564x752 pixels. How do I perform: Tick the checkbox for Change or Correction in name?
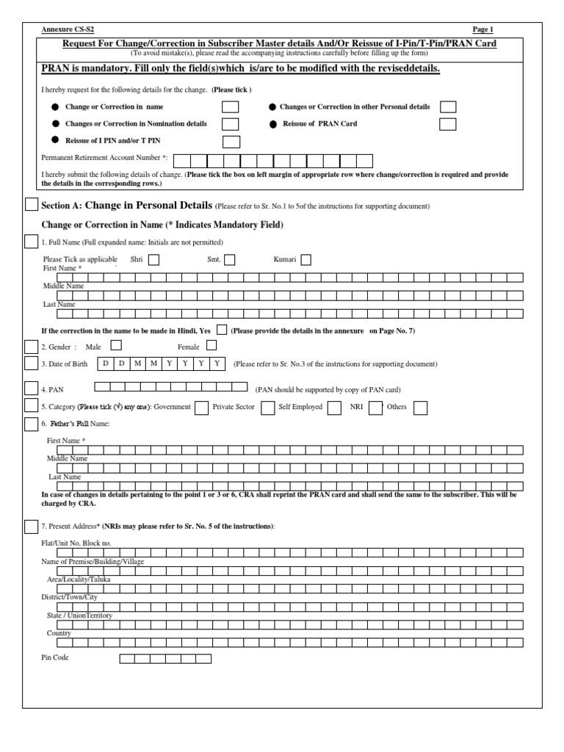coord(230,107)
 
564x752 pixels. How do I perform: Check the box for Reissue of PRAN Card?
coord(447,124)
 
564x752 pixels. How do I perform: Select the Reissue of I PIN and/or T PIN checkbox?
coord(231,142)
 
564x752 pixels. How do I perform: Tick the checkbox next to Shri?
coord(153,259)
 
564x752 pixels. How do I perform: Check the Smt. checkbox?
coord(230,259)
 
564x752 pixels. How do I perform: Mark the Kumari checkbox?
coord(305,259)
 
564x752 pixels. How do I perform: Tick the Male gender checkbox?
coord(115,345)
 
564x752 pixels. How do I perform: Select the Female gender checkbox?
coord(211,345)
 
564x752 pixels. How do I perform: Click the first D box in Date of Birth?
coord(106,364)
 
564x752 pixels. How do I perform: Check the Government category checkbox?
coord(200,408)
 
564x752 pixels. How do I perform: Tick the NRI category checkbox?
coord(375,408)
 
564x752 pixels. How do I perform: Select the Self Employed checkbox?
coord(334,408)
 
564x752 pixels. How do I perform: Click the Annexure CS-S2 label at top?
coord(68,29)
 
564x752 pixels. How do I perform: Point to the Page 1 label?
coord(483,29)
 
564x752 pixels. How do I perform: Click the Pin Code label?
coord(55,657)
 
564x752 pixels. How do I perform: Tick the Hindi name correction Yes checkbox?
coord(222,330)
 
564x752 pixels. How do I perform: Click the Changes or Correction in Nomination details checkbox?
coord(230,124)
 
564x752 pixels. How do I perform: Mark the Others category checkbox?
coord(420,408)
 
